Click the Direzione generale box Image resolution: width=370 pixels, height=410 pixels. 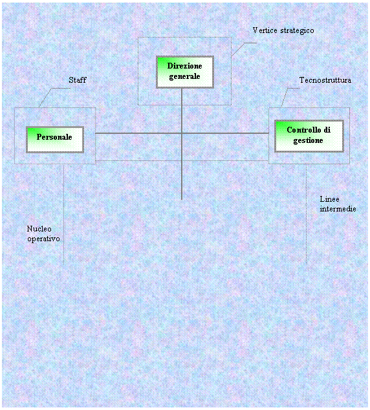coord(185,72)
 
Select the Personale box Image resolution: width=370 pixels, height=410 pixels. coord(54,140)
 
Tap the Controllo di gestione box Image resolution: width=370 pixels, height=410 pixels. coord(309,136)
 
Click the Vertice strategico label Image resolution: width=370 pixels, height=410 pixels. coord(283,31)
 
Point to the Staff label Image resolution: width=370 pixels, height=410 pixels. coord(78,80)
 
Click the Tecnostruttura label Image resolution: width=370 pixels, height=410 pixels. coord(325,80)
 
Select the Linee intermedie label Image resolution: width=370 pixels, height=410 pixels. coord(338,204)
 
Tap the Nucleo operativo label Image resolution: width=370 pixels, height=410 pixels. coord(43,233)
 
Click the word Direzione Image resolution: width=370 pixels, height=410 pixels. coord(184,66)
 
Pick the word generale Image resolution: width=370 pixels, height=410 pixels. coord(184,76)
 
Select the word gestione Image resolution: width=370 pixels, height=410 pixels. coord(308,141)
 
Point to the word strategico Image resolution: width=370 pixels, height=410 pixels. coord(297,31)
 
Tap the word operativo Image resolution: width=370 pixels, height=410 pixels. coord(44,239)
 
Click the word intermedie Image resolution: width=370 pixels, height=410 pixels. coord(338,209)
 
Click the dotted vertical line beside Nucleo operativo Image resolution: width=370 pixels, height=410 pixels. coord(64,215)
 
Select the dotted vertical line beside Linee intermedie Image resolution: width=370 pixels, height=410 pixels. coord(306,214)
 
